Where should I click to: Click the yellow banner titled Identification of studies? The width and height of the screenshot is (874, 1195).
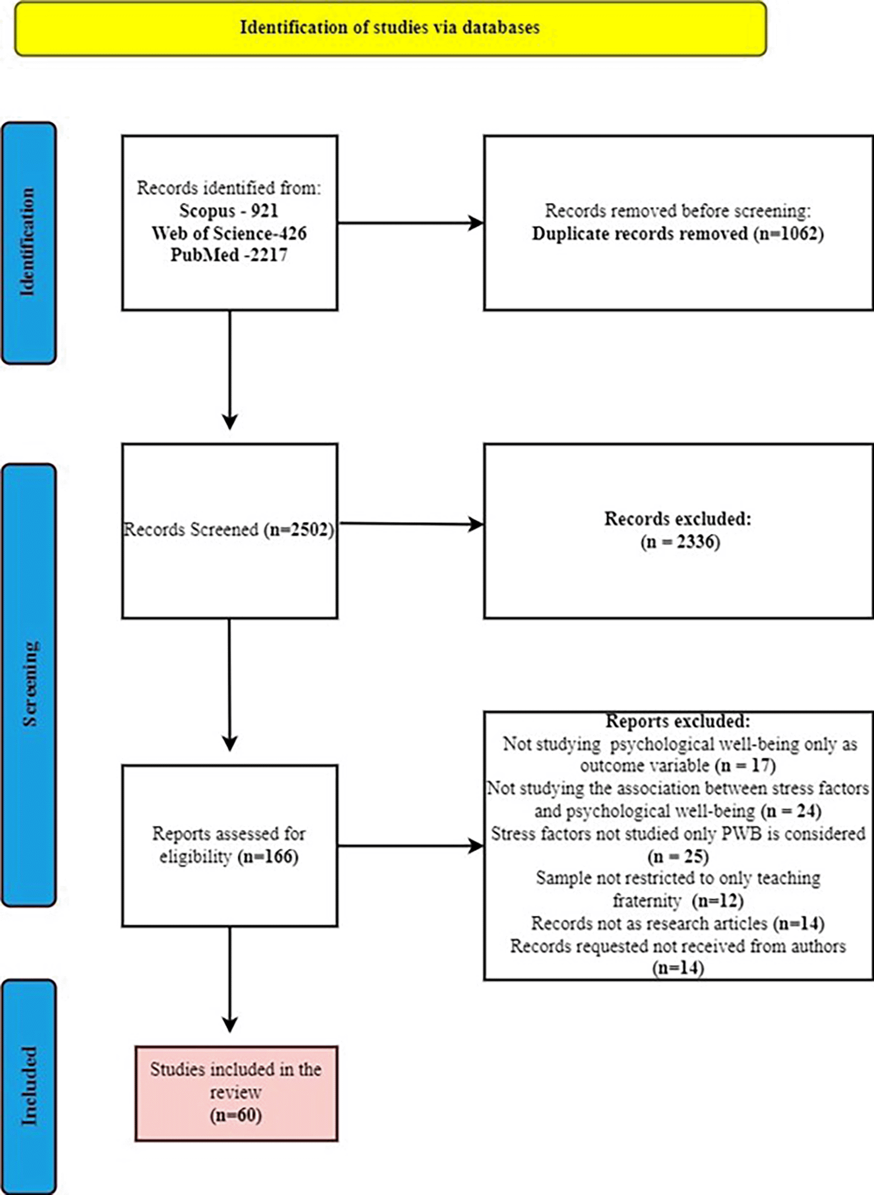pos(390,28)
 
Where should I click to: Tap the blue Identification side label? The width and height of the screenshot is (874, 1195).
pos(29,243)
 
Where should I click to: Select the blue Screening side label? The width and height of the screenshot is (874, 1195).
pos(29,685)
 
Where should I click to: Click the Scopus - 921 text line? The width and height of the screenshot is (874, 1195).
pos(229,211)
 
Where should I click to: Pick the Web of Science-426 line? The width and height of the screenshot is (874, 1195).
pos(229,233)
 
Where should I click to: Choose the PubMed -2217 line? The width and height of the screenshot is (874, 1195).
pos(229,255)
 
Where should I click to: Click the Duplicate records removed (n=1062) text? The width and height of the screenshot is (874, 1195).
pos(678,233)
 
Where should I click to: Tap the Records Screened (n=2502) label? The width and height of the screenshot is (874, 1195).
pos(229,530)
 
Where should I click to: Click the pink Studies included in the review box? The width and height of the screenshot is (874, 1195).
pos(236,1093)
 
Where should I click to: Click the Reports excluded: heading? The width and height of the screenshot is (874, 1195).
pos(678,721)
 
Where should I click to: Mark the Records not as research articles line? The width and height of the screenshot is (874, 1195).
pos(678,923)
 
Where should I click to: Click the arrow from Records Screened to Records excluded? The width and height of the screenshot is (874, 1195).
pos(411,524)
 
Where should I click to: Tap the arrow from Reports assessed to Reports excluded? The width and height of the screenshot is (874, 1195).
pos(411,846)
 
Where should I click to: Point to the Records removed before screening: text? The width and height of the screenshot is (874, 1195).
pos(678,211)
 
